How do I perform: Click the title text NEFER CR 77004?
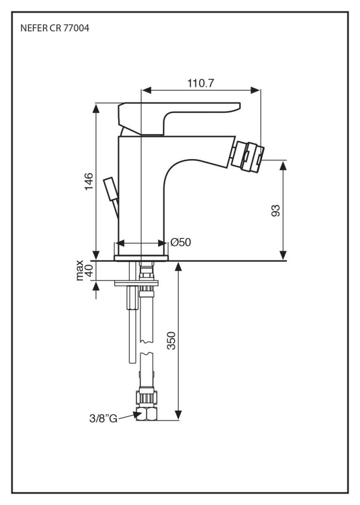coord(55,29)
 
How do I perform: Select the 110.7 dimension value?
coord(200,83)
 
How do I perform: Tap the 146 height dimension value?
coord(89,181)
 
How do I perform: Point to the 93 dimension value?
coord(276,210)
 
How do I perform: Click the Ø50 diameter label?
coord(180,242)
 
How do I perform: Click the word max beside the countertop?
coord(79,271)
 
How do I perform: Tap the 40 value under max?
coord(89,271)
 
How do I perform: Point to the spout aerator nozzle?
coord(247,155)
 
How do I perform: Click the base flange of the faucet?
coord(141,258)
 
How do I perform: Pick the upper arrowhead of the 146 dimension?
coord(95,107)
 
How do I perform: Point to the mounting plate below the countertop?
coord(136,283)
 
